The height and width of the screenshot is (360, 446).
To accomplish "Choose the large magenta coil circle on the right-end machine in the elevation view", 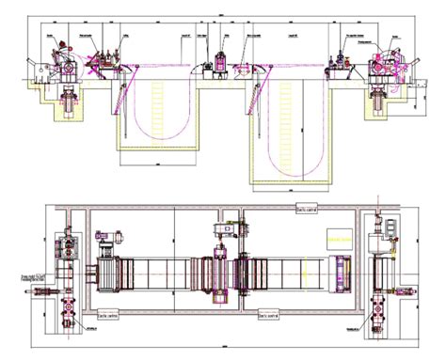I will click(381, 69).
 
